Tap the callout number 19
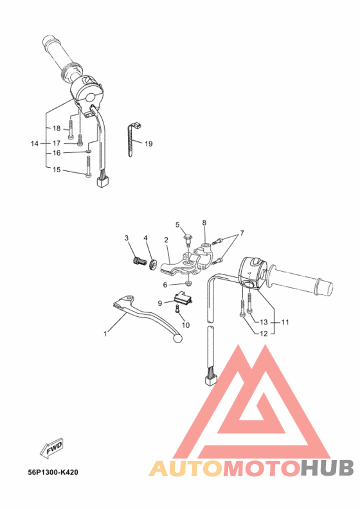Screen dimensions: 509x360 148,144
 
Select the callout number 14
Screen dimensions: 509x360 35,143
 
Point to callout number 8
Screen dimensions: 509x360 204,223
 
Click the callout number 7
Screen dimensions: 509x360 242,233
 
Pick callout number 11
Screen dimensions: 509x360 285,321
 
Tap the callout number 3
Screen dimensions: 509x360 127,238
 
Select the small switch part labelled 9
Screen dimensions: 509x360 183,296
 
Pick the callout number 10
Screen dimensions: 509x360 186,325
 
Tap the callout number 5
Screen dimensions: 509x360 177,224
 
